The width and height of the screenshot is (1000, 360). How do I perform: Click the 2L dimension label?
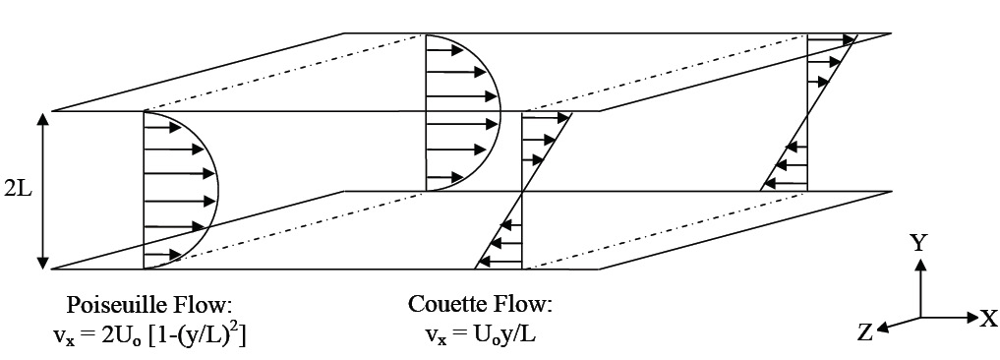click(x=18, y=190)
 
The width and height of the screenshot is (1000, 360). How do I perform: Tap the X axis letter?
click(x=987, y=318)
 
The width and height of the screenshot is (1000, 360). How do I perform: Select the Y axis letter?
click(x=918, y=243)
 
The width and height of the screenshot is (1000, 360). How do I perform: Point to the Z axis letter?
click(x=864, y=332)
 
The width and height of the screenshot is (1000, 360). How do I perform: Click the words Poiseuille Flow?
click(x=148, y=303)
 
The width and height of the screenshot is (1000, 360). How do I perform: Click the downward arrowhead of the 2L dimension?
click(x=42, y=261)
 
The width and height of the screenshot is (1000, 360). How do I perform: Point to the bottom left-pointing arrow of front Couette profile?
click(x=502, y=261)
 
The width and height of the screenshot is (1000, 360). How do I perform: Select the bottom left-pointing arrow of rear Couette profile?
click(x=788, y=182)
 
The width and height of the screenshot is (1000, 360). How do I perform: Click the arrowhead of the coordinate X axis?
click(x=968, y=318)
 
